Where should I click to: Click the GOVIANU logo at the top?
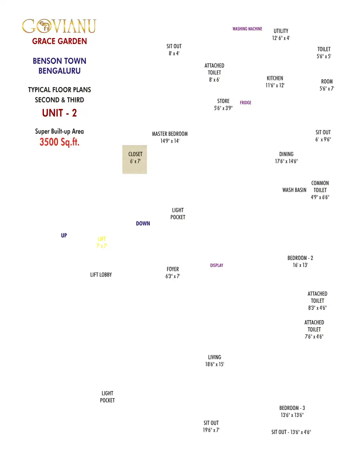(x=59, y=26)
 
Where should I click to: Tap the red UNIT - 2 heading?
(x=59, y=113)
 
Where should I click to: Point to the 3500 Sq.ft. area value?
(x=59, y=142)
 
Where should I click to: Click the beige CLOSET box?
(x=135, y=160)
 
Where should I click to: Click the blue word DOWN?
(x=143, y=224)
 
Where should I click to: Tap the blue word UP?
(x=64, y=235)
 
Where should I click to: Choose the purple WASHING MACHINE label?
(x=247, y=29)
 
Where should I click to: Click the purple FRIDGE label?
(x=245, y=102)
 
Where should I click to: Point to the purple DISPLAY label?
(x=216, y=266)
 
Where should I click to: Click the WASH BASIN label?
(x=295, y=190)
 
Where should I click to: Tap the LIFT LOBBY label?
(x=101, y=275)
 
